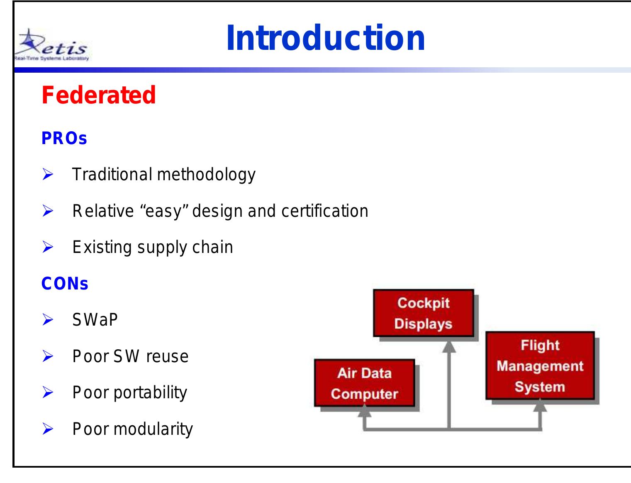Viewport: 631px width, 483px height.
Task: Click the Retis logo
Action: pos(51,45)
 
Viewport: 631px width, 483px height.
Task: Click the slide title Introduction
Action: pos(326,38)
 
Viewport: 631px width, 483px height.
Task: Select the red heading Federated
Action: pos(99,95)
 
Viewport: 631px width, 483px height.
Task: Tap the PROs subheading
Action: pos(64,139)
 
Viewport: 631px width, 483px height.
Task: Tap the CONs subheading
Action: pos(65,284)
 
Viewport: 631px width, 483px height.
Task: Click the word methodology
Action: pos(206,175)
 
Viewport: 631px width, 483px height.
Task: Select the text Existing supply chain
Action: pos(153,248)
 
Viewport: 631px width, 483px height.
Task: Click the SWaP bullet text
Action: pos(95,320)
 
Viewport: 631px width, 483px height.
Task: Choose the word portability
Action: pos(150,393)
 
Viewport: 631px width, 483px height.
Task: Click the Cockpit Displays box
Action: pos(423,313)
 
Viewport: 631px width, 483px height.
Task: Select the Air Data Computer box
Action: pos(364,383)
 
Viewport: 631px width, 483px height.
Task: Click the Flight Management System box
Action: pos(540,366)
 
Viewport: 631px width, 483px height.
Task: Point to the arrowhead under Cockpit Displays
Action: pos(449,347)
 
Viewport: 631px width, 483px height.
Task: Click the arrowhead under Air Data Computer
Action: pos(364,411)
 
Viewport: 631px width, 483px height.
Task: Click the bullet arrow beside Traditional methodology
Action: pos(48,175)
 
